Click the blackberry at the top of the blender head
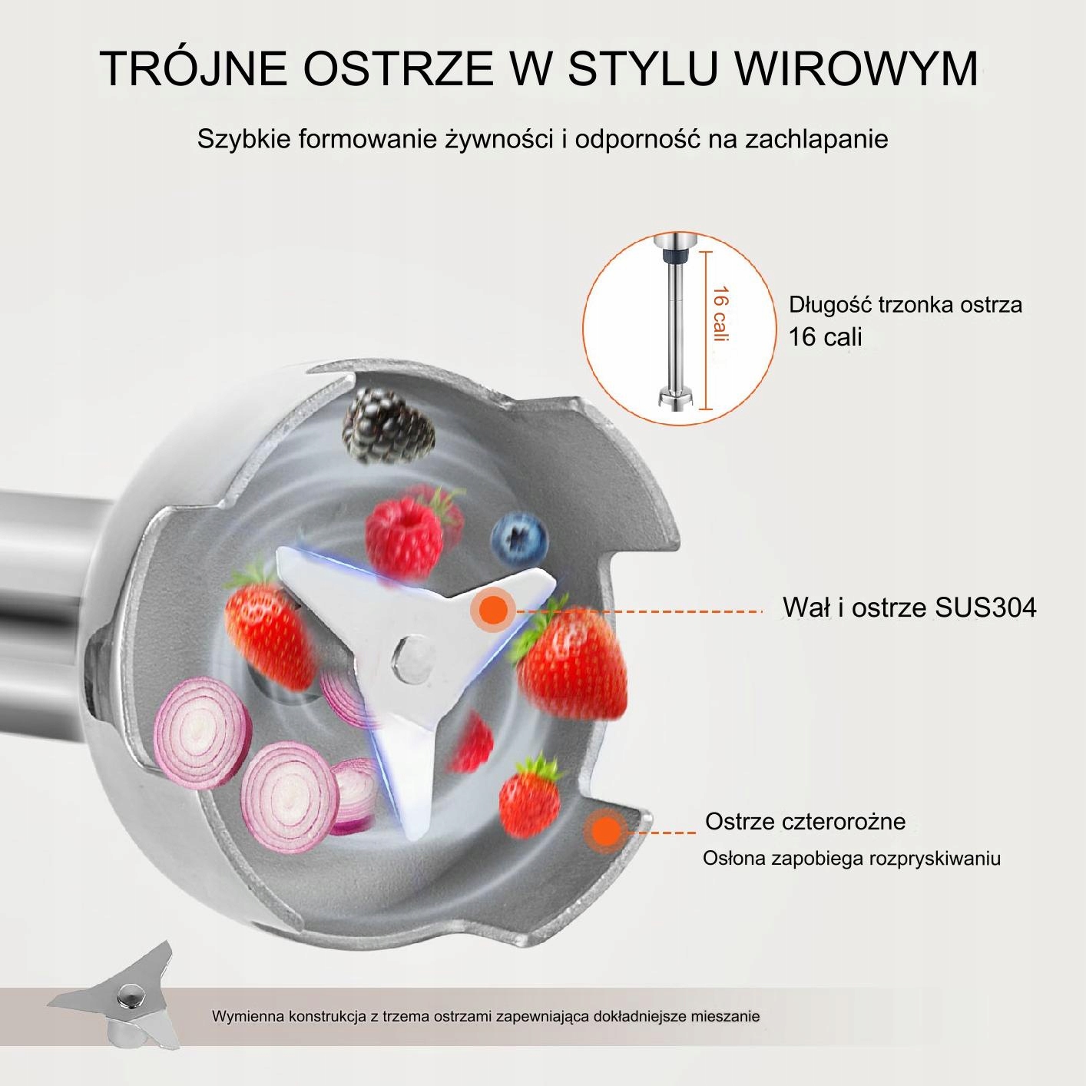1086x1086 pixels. pos(389,427)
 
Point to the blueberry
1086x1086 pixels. pos(520,538)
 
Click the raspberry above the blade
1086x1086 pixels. pos(405,531)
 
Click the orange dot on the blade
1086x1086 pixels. pos(495,611)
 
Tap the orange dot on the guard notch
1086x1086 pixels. pos(607,832)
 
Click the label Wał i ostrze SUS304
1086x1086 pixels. pos(909,608)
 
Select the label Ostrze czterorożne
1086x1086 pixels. pos(805,821)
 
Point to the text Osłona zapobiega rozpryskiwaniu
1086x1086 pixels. pos(851,858)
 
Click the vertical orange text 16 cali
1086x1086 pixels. pos(720,314)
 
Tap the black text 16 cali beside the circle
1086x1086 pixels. pos(826,336)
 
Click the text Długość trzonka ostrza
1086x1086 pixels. pos(906,305)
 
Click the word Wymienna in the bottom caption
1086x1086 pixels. pos(247,1016)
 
